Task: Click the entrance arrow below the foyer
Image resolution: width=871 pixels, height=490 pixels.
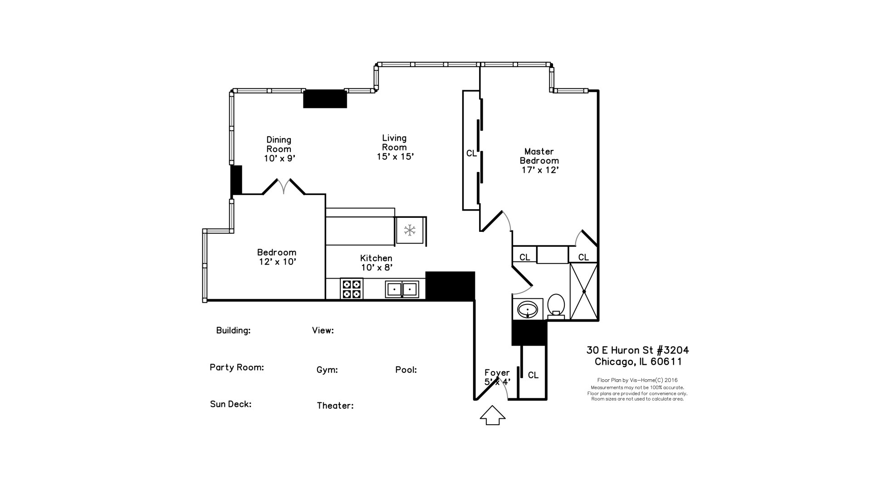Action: click(x=493, y=416)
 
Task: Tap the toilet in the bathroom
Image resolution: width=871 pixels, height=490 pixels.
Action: click(x=556, y=305)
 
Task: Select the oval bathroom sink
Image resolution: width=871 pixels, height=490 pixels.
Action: click(x=528, y=310)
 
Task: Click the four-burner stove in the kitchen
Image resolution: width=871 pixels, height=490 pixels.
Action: click(x=352, y=289)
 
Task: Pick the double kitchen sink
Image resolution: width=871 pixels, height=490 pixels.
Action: click(x=402, y=289)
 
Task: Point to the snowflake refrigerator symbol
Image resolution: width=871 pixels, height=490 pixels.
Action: click(x=410, y=230)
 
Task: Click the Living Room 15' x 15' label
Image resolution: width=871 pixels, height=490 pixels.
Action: click(x=395, y=147)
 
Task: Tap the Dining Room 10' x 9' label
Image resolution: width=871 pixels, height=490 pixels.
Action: click(x=279, y=149)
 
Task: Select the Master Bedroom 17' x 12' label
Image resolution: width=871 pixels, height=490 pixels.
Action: click(x=539, y=161)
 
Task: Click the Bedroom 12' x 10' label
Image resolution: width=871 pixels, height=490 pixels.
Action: click(x=277, y=257)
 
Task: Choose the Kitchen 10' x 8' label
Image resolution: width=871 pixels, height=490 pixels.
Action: click(x=377, y=263)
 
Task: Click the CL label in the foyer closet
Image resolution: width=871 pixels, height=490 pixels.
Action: click(x=533, y=375)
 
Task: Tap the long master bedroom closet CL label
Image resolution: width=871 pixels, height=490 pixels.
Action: click(x=471, y=153)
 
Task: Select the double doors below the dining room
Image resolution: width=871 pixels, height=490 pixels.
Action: click(x=284, y=186)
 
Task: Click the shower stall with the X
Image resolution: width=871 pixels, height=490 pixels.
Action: click(x=584, y=291)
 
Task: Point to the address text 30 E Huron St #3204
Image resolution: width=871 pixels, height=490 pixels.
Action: click(x=637, y=350)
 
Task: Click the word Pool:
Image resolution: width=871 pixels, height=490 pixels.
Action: click(x=406, y=370)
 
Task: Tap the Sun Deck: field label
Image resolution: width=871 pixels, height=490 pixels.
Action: click(x=230, y=404)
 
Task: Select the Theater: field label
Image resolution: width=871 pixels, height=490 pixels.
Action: click(x=335, y=406)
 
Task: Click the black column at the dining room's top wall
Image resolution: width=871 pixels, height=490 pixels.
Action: click(x=325, y=98)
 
